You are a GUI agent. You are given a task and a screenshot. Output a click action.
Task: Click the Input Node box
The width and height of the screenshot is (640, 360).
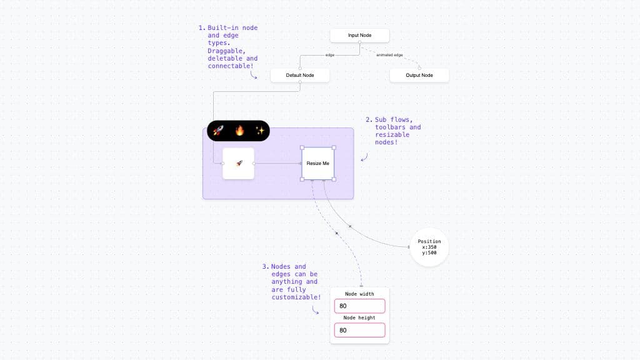(x=359, y=36)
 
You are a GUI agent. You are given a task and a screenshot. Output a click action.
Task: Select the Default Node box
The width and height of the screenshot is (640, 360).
(x=300, y=75)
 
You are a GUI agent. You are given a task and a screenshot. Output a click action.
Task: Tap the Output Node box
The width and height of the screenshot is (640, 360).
(x=419, y=75)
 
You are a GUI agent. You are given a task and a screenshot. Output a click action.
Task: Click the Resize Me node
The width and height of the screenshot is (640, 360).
(x=317, y=164)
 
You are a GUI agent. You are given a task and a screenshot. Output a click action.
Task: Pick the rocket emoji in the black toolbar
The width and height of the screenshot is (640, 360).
(x=218, y=131)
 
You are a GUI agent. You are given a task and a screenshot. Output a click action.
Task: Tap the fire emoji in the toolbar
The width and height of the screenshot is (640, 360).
(x=239, y=131)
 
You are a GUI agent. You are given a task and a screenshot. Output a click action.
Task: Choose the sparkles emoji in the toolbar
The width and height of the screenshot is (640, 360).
(x=260, y=131)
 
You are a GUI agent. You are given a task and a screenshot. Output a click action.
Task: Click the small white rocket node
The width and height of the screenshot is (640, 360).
(x=238, y=164)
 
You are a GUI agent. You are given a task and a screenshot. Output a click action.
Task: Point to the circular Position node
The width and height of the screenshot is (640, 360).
(x=429, y=247)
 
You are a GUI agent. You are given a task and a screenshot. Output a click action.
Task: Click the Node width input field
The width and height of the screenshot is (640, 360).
(x=359, y=306)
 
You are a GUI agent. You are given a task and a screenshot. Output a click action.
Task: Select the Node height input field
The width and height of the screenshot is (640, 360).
(x=359, y=330)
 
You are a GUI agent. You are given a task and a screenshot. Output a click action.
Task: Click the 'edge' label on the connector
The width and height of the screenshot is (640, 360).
(x=330, y=55)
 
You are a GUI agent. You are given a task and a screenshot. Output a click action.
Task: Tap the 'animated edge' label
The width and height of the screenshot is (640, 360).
(x=389, y=55)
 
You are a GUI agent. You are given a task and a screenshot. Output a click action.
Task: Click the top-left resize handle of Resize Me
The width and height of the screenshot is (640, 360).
(x=302, y=147)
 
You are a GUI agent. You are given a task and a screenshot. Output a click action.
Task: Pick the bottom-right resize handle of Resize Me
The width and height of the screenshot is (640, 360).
(x=334, y=179)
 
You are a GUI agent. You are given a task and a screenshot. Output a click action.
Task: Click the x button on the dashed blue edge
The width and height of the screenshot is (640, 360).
(x=337, y=234)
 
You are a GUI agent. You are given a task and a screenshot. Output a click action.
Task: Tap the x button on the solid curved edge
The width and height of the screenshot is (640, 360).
(x=350, y=226)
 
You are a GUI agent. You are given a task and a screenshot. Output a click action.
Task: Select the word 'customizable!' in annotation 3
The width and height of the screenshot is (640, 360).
(x=296, y=297)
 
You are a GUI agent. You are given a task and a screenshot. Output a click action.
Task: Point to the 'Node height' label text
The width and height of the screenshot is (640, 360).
(x=359, y=317)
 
